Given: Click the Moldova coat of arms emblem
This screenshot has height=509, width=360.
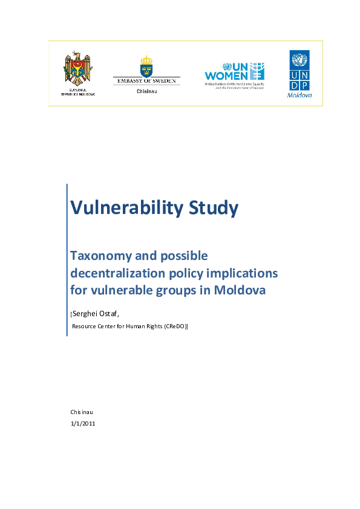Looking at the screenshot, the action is (x=78, y=69).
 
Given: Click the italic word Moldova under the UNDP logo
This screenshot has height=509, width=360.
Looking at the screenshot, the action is (x=299, y=95).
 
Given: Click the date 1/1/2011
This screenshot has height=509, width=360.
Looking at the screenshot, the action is (x=83, y=423).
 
